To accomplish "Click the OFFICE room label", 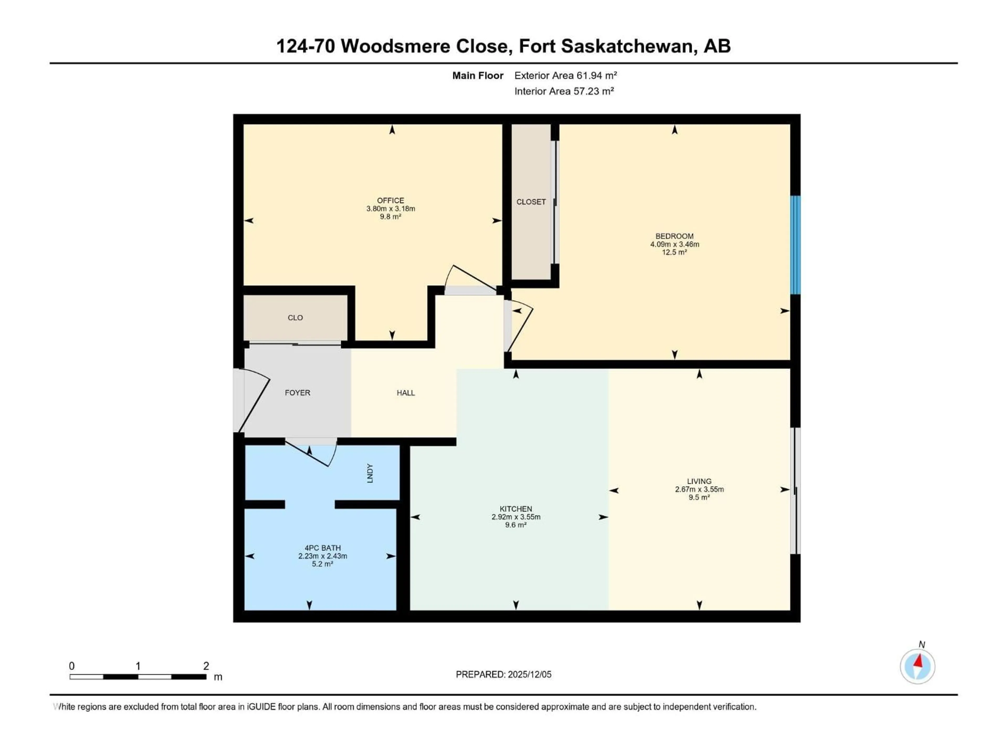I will [391, 201].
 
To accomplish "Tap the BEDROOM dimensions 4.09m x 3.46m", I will [674, 244].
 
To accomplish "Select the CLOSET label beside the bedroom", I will [531, 202].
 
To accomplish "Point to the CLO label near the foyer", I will [295, 318].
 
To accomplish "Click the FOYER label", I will [298, 393].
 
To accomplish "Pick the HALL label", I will [406, 393].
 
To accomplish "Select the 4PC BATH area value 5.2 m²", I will [323, 564].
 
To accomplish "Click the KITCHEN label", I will [516, 509].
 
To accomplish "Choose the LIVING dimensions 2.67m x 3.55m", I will [700, 489].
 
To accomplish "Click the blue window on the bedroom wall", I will [795, 245].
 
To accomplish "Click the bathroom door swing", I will [314, 453].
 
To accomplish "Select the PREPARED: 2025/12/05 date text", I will [503, 674].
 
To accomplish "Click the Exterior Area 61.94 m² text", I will [565, 76].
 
